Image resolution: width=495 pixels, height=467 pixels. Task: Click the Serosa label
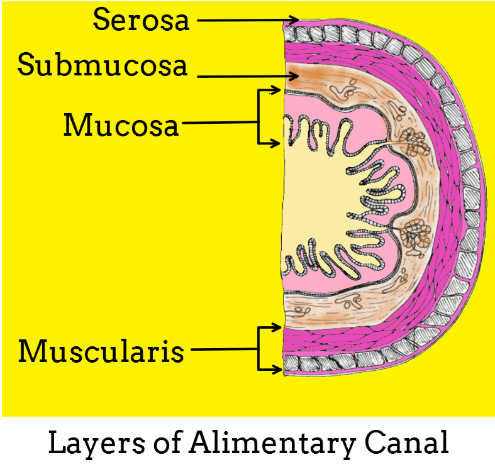(x=141, y=20)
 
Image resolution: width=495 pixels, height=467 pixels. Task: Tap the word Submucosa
(x=103, y=65)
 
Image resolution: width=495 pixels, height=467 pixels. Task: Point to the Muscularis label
(x=101, y=351)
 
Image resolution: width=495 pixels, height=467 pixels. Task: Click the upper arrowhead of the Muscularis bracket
(x=277, y=327)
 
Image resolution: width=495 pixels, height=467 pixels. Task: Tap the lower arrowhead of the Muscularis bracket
(x=277, y=368)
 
